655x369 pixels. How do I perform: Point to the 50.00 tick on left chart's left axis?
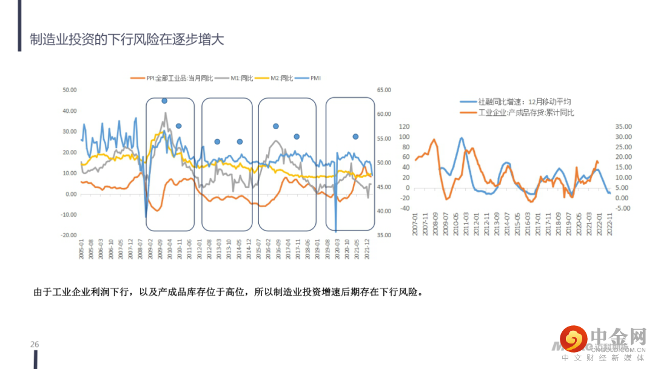click(70, 90)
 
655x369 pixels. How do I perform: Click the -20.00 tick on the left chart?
click(69, 235)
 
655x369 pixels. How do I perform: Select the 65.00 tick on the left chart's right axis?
click(384, 90)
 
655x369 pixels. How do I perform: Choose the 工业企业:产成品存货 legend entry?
click(525, 112)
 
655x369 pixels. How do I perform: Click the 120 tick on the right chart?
click(405, 127)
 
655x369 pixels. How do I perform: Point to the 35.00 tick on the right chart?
click(623, 127)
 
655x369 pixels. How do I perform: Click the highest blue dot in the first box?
click(164, 101)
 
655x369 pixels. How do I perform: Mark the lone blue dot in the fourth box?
click(355, 137)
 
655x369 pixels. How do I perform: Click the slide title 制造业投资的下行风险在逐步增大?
click(127, 40)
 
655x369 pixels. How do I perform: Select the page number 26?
click(35, 345)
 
